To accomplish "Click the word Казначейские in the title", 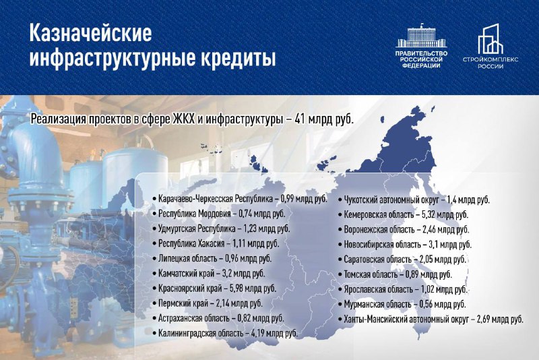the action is pyautogui.click(x=90, y=34).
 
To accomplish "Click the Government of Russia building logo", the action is pyautogui.click(x=421, y=36).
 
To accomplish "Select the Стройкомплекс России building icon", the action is pyautogui.click(x=490, y=39).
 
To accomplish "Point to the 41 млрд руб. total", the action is pyautogui.click(x=324, y=119).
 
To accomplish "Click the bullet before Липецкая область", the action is pyautogui.click(x=155, y=258).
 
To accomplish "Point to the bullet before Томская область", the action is pyautogui.click(x=340, y=274).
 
